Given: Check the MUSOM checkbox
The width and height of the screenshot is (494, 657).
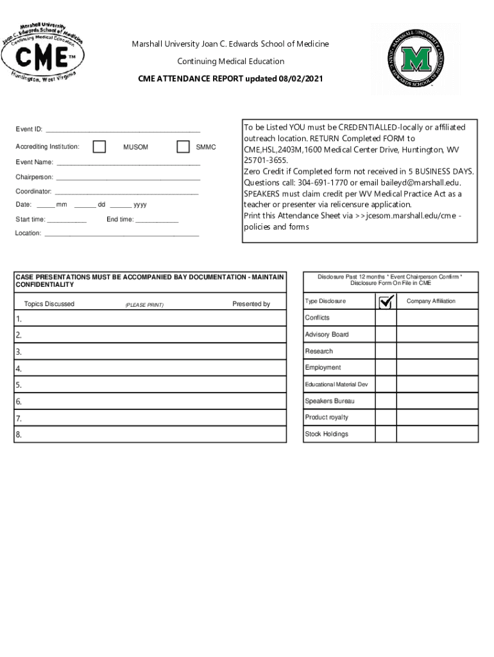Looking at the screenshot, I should (x=99, y=147).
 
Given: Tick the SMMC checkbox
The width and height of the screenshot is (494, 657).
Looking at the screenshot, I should (x=183, y=147).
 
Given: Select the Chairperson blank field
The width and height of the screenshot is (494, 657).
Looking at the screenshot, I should (x=128, y=178).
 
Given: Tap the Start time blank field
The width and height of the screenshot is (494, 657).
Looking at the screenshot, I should (x=67, y=220).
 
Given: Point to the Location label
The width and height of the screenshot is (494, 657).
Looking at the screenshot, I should (x=28, y=233).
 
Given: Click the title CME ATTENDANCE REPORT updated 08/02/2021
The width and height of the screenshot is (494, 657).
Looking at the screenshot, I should (x=230, y=79).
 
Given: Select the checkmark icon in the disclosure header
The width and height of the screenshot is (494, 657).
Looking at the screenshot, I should (x=386, y=302).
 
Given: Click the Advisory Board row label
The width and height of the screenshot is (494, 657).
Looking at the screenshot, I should (x=327, y=335).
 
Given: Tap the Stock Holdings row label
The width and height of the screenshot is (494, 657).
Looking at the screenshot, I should (x=327, y=434).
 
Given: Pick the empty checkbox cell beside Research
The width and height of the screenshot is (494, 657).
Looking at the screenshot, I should (x=386, y=352).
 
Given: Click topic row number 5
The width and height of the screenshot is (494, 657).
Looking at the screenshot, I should (x=19, y=386).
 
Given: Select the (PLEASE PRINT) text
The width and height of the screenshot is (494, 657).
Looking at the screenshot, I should (x=144, y=305).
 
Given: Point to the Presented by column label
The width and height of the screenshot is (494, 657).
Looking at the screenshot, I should (x=251, y=304).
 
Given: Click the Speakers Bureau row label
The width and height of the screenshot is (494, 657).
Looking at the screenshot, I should (x=329, y=401).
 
